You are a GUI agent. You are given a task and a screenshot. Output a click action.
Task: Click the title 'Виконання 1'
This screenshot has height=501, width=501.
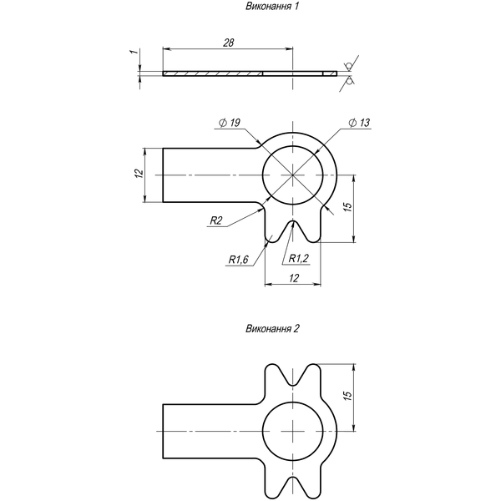coord(272,7)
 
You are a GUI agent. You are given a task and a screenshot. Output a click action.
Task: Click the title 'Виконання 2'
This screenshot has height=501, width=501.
coord(272,329)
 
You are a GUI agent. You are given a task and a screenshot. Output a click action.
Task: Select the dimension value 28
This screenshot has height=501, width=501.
coord(229,43)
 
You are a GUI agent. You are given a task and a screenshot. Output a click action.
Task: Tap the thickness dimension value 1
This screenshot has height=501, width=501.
coord(136,51)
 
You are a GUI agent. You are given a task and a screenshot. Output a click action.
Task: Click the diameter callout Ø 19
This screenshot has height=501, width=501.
coord(230,123)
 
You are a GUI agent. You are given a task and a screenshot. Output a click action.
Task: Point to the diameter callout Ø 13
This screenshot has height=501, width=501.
coord(359,123)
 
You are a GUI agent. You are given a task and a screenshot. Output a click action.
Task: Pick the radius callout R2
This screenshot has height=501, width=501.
coord(215,220)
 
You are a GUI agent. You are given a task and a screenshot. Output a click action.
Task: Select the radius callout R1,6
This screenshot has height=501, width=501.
coord(238,260)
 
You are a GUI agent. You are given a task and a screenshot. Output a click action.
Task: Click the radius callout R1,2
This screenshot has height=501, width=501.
coord(299,258)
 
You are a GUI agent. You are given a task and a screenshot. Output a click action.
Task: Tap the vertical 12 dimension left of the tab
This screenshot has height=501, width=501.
coord(139,174)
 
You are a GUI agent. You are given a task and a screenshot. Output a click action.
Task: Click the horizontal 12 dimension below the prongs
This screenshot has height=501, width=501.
coord(294,278)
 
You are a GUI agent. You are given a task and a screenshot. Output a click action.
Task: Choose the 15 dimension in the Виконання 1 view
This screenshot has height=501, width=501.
coord(348,207)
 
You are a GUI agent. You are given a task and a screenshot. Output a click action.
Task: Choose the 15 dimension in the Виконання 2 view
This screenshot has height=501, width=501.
coord(348,396)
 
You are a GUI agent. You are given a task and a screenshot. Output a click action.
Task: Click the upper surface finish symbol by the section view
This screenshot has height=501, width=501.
coord(349,66)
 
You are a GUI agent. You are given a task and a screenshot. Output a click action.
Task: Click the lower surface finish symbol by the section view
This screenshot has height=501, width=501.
coord(350,80)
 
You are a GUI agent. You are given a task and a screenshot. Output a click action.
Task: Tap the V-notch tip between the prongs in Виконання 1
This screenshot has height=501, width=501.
coord(293,220)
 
